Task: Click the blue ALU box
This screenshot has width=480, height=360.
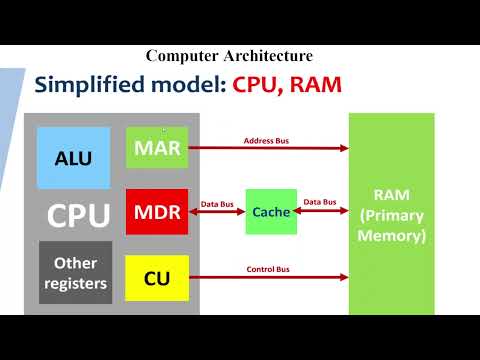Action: pyautogui.click(x=73, y=157)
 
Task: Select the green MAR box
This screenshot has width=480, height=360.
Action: pyautogui.click(x=157, y=148)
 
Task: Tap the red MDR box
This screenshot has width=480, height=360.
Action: pyautogui.click(x=157, y=212)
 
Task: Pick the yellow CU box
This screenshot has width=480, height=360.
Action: pyautogui.click(x=157, y=278)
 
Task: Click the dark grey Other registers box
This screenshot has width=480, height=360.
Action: pyautogui.click(x=75, y=272)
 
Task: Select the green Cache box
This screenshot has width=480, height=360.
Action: pyautogui.click(x=271, y=212)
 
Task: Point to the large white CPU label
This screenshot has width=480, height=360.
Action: pyautogui.click(x=79, y=216)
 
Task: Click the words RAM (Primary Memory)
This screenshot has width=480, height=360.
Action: pyautogui.click(x=391, y=215)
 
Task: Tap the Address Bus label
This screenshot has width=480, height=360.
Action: pyautogui.click(x=267, y=141)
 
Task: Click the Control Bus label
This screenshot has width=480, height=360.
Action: pyautogui.click(x=268, y=269)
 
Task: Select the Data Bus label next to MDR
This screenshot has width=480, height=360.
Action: pyautogui.click(x=217, y=202)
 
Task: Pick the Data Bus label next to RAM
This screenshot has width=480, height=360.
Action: pyautogui.click(x=320, y=202)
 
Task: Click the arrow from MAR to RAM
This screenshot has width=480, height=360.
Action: pyautogui.click(x=268, y=149)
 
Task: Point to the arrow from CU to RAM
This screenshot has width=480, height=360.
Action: pyautogui.click(x=268, y=277)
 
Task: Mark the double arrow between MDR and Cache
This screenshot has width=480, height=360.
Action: pyautogui.click(x=217, y=212)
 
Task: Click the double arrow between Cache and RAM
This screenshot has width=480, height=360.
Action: pyautogui.click(x=322, y=212)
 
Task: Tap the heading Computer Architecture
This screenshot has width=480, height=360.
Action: pyautogui.click(x=229, y=57)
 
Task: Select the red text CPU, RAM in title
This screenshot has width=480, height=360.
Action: pyautogui.click(x=288, y=84)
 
